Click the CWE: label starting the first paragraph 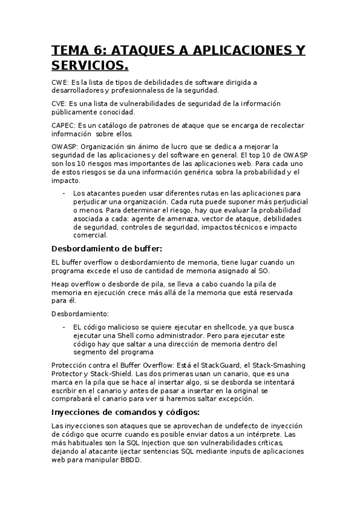tap(61, 82)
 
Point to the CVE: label tap(61, 103)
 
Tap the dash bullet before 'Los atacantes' tap(64, 193)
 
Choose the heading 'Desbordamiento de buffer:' tap(107, 248)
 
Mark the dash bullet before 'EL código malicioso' tap(64, 327)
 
